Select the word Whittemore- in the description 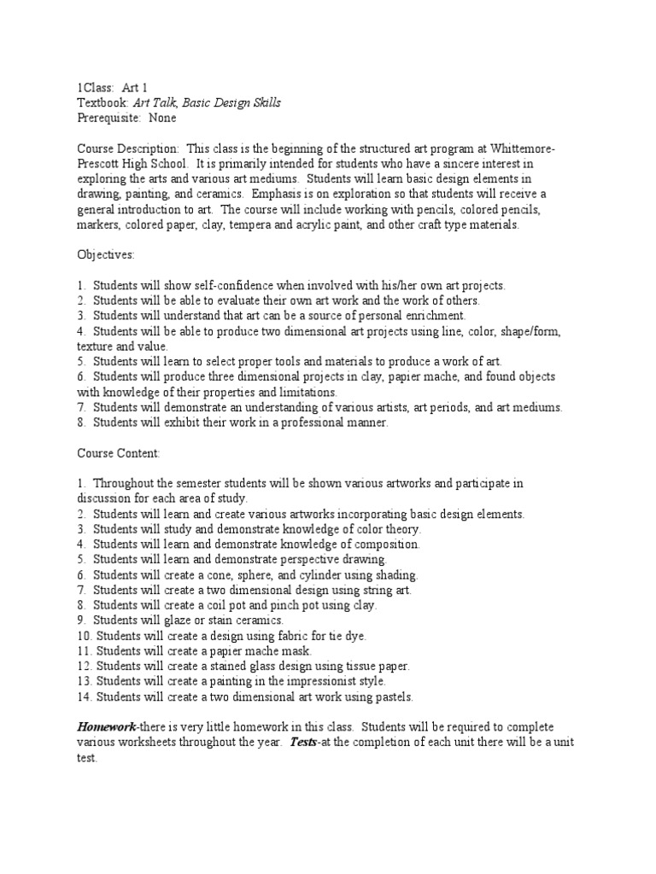[523, 149]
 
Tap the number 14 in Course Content [84, 697]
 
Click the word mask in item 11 [285, 651]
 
